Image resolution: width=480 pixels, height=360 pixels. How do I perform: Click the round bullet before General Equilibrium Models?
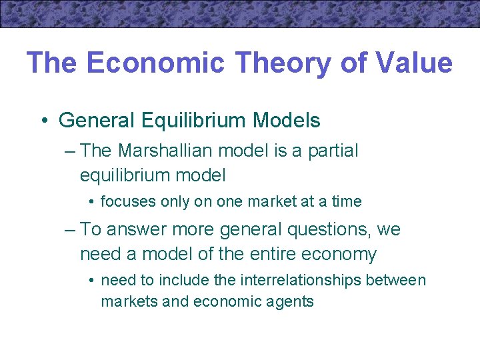coord(43,121)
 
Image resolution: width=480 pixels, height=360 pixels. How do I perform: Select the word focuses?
coord(125,201)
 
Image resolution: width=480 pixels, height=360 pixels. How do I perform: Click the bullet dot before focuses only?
coord(91,201)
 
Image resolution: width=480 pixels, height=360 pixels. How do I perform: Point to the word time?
coord(346,201)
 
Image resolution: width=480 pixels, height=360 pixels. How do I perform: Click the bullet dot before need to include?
coord(91,280)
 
